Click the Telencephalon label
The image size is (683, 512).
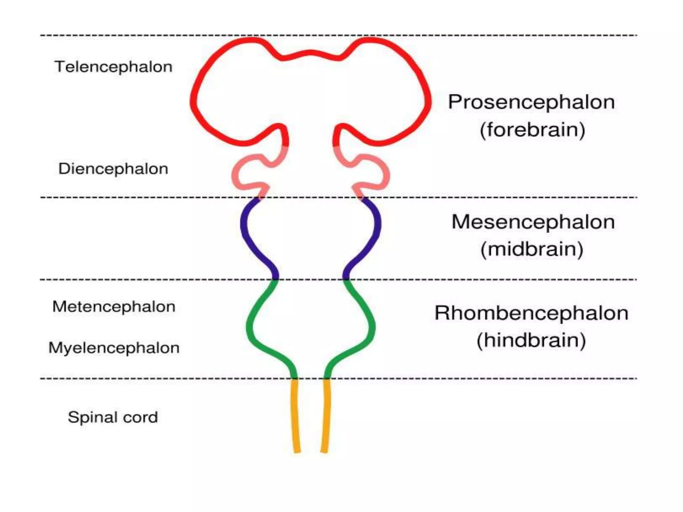tap(113, 67)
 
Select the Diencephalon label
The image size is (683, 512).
tap(113, 169)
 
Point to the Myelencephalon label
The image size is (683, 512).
tap(114, 348)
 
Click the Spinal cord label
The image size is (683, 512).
tap(113, 417)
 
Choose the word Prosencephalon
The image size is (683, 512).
tap(531, 102)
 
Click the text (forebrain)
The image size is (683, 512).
tap(532, 130)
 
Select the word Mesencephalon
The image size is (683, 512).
tap(533, 222)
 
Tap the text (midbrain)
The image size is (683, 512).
tap(532, 249)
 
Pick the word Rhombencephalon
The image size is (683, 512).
tap(531, 313)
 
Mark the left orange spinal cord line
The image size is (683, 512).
tap(295, 417)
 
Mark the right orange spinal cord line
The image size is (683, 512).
tap(326, 417)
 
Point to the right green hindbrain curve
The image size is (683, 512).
tap(372, 327)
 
